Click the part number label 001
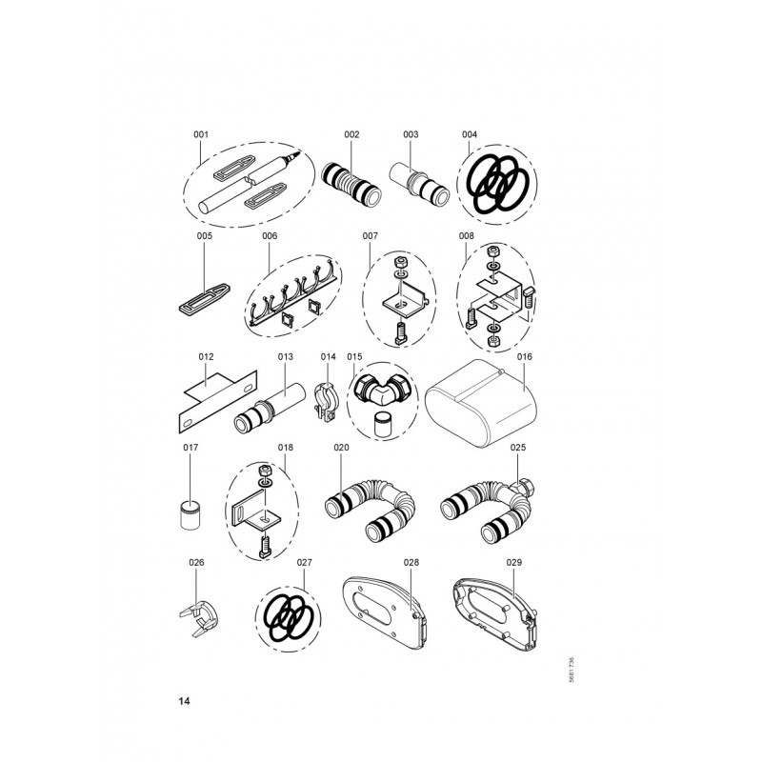(x=201, y=134)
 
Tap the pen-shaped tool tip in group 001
(x=295, y=155)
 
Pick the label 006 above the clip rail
(x=270, y=236)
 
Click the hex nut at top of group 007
(x=401, y=263)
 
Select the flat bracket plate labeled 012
(x=214, y=401)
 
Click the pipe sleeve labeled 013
(x=270, y=408)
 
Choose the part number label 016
(x=525, y=356)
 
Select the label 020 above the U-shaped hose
(x=341, y=448)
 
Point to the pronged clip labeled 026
(x=198, y=620)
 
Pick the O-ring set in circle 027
(x=289, y=616)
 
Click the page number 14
(x=184, y=701)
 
